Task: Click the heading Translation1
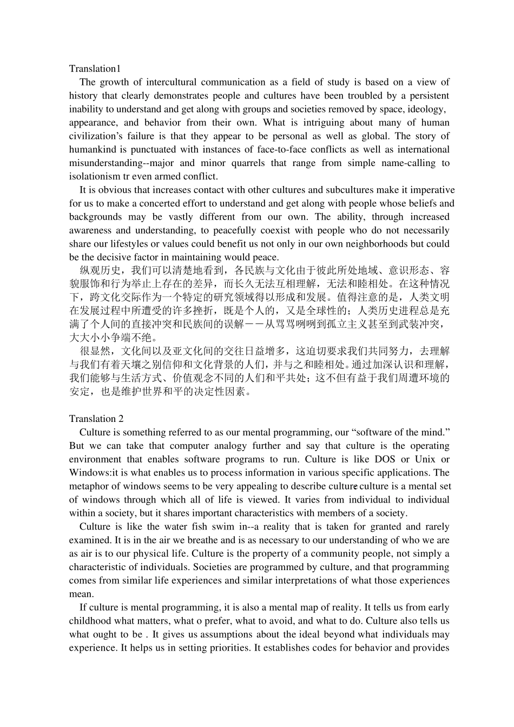[x=95, y=69]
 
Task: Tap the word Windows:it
[x=93, y=473]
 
